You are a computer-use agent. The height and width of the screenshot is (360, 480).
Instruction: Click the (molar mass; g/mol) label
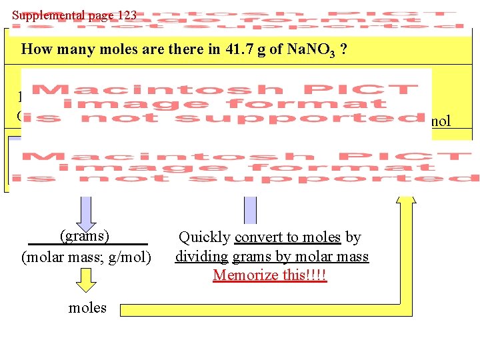(x=87, y=257)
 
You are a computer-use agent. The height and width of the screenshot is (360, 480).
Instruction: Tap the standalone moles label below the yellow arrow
(x=87, y=307)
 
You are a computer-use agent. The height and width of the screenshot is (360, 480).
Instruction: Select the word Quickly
(x=204, y=237)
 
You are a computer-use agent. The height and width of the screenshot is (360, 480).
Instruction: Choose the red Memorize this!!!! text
(x=270, y=275)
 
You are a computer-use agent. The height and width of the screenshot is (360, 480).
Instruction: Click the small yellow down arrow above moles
(x=85, y=280)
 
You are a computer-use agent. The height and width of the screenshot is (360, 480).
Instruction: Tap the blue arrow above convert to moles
(x=249, y=207)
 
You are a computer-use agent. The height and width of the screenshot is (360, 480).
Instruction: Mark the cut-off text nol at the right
(x=441, y=121)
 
